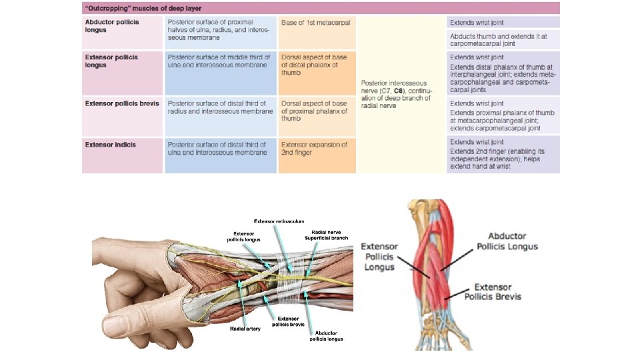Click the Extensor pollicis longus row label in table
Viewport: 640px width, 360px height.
(111, 61)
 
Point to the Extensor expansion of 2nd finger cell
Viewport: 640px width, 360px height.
(314, 148)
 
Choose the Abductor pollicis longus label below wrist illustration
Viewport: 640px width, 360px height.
(326, 335)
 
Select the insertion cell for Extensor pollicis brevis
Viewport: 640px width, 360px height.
(314, 111)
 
